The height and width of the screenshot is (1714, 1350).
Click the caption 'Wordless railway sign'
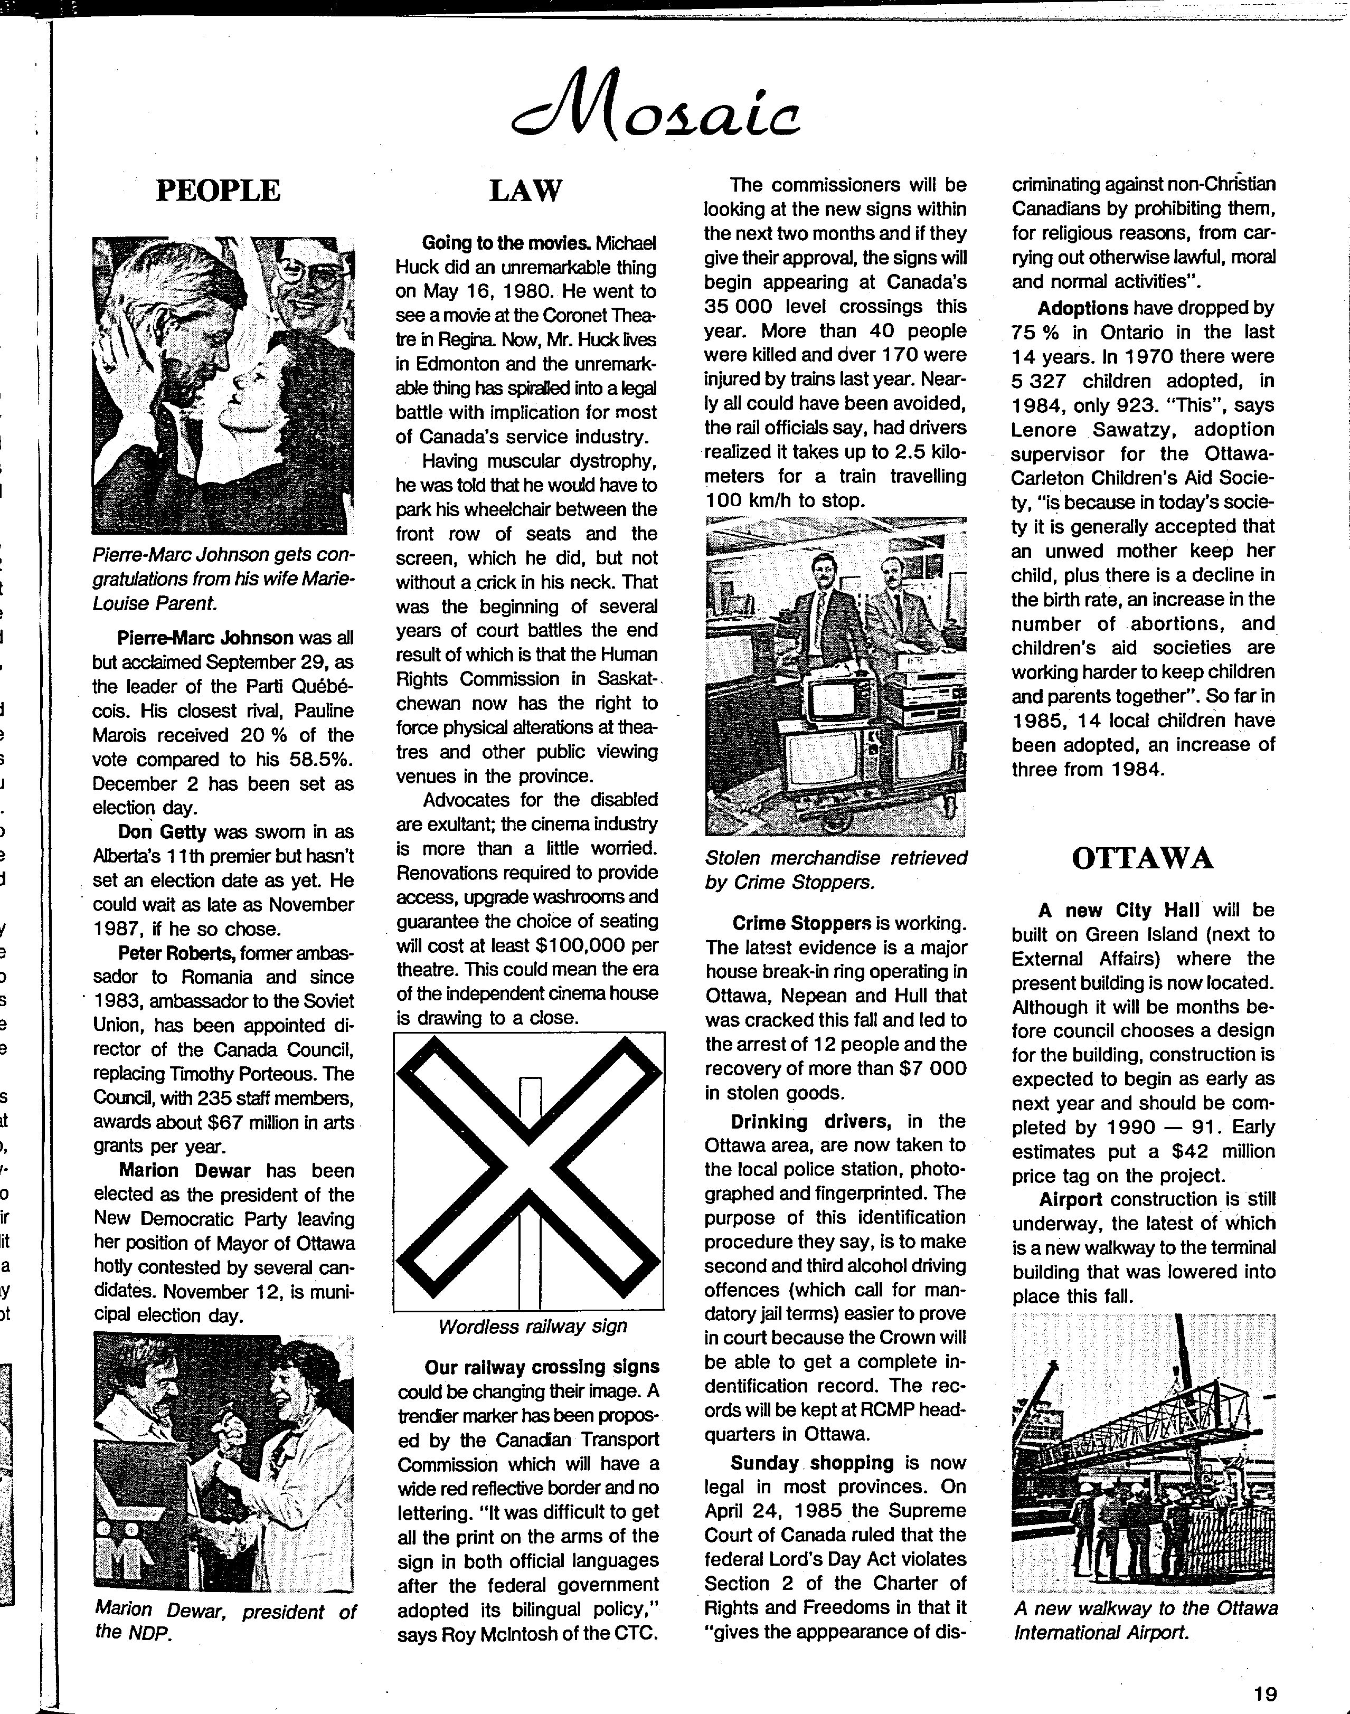click(532, 1327)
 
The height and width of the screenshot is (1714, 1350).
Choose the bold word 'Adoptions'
click(1083, 308)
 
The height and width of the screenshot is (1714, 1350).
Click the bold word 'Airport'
click(1070, 1199)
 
